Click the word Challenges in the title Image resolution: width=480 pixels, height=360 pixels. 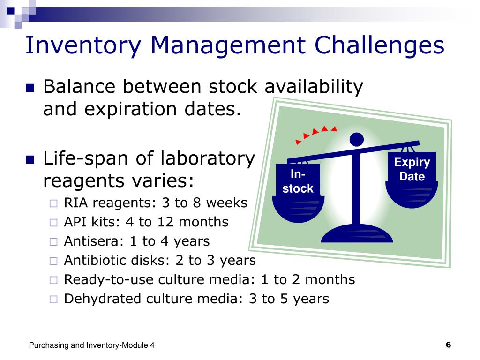[x=379, y=45]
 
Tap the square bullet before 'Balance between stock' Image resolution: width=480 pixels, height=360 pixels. [x=30, y=88]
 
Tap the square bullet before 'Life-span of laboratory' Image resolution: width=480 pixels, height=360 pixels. [x=30, y=159]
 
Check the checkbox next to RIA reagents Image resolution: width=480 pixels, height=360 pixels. [x=53, y=203]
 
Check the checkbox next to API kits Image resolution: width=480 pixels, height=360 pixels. [x=53, y=223]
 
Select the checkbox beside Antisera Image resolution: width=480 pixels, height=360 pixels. [x=53, y=242]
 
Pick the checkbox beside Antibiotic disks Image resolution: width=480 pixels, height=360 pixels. [x=53, y=261]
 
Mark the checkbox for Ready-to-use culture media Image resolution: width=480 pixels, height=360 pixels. [x=53, y=280]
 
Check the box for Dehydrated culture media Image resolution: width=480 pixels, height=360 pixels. [x=53, y=299]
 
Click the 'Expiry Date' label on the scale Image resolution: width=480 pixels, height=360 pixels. [x=412, y=169]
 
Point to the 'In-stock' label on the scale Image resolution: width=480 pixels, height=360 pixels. [x=298, y=181]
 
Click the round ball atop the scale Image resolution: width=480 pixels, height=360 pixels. [x=357, y=140]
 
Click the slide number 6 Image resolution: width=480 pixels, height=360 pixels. [x=449, y=345]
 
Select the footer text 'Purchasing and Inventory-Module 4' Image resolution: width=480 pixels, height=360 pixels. [x=91, y=345]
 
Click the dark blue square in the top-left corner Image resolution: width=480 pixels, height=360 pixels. [x=11, y=11]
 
